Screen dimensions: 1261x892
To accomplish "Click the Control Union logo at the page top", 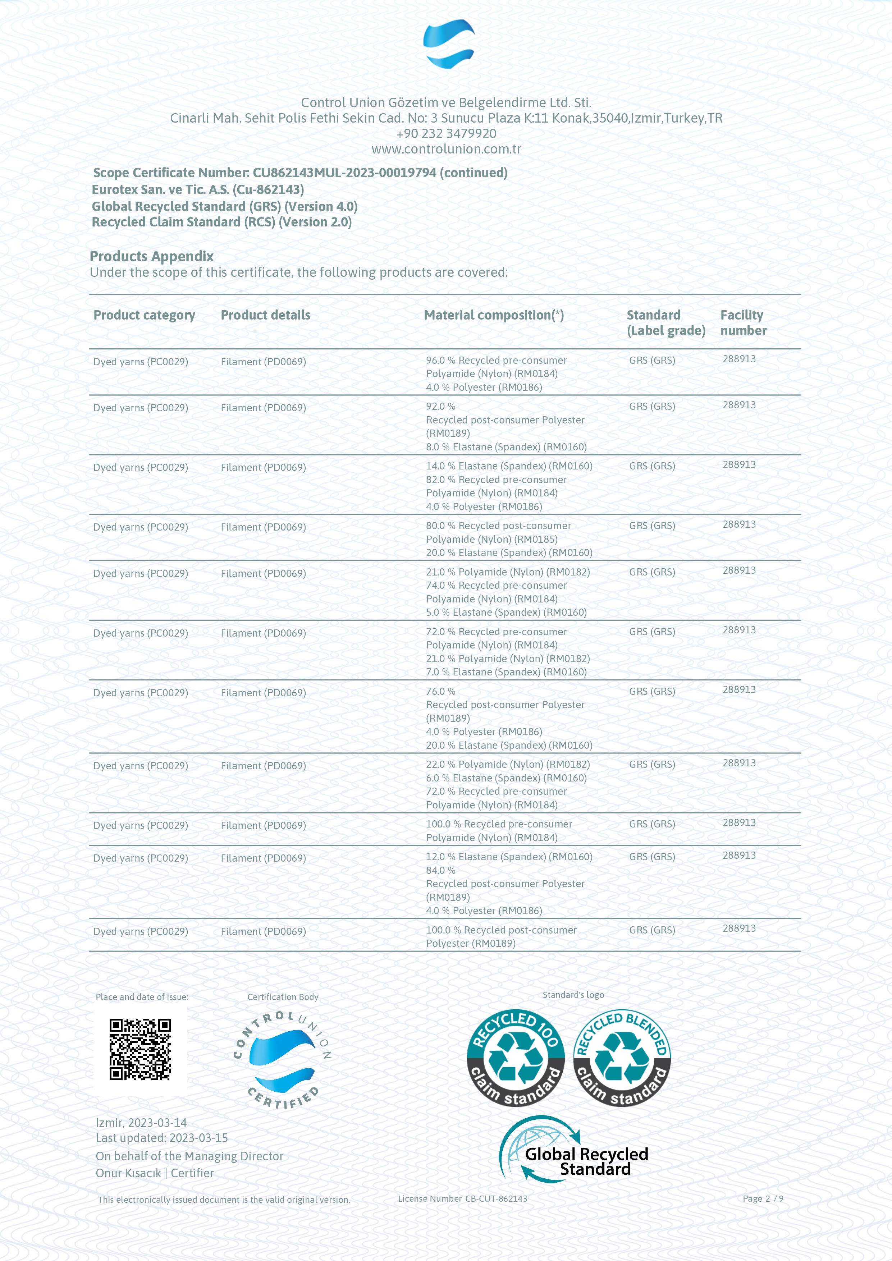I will point(448,44).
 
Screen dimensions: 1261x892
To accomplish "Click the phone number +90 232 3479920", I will point(446,133).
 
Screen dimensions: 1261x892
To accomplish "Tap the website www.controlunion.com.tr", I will point(446,149).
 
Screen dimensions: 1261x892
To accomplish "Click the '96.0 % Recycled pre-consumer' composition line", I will point(496,360).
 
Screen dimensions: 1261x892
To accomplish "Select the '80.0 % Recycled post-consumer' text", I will point(498,526).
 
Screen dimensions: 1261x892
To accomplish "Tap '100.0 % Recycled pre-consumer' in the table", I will point(499,824).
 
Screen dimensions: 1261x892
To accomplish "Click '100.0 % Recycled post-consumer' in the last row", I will point(501,930).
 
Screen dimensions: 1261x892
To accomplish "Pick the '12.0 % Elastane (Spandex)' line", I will point(509,857).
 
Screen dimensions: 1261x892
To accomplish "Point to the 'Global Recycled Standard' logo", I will point(574,1155).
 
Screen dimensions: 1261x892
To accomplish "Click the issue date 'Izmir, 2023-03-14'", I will point(141,1123).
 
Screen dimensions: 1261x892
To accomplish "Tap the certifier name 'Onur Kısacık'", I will point(128,1173).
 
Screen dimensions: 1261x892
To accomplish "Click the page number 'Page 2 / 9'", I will point(762,1198).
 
